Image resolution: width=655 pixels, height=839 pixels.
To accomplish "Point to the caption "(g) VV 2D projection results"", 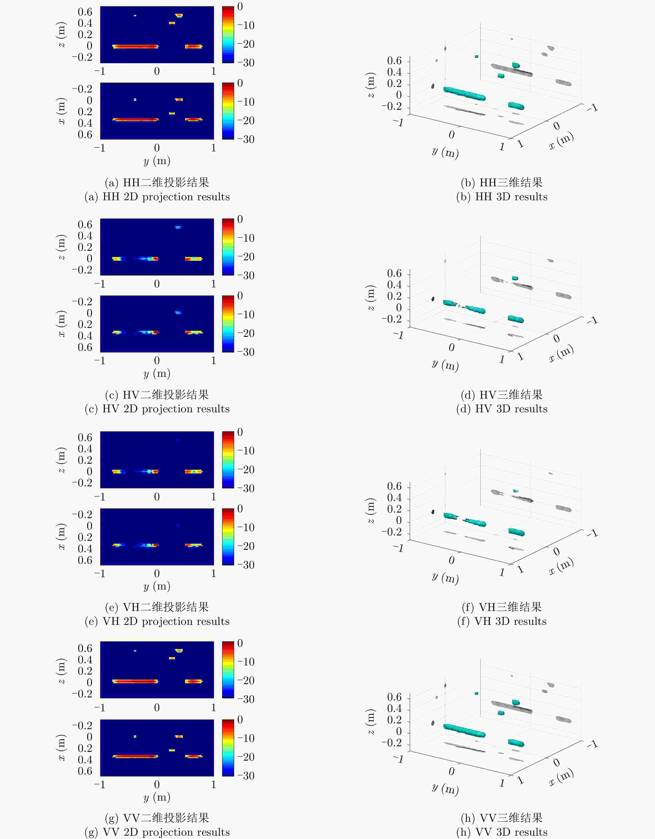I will pos(157,832).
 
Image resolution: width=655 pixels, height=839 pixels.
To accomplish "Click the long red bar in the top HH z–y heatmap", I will pos(135,47).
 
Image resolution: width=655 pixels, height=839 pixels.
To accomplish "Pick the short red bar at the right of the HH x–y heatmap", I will pos(193,120).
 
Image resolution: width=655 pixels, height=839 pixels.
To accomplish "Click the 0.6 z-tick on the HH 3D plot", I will pos(394,61).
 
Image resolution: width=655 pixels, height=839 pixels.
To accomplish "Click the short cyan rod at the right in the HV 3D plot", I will pos(515,319).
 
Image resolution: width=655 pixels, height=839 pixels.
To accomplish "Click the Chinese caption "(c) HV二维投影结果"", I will pos(157,395).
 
